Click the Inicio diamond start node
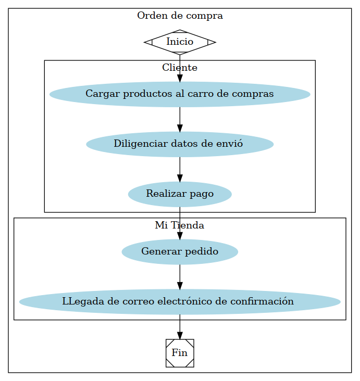[x=180, y=42]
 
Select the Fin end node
[x=180, y=353]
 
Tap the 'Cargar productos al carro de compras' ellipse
[x=180, y=94]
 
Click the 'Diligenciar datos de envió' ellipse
[x=180, y=144]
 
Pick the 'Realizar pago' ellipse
[x=180, y=194]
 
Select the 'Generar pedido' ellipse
[x=180, y=252]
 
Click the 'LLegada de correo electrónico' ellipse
[x=180, y=302]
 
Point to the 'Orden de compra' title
[x=180, y=16]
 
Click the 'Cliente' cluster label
[x=180, y=68]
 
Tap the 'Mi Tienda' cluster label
[x=180, y=225]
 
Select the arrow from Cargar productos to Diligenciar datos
[x=180, y=120]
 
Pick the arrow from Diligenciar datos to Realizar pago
[x=180, y=170]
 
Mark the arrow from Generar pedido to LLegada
[x=180, y=277]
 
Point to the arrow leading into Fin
[x=180, y=327]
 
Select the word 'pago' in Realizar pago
[x=202, y=194]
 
